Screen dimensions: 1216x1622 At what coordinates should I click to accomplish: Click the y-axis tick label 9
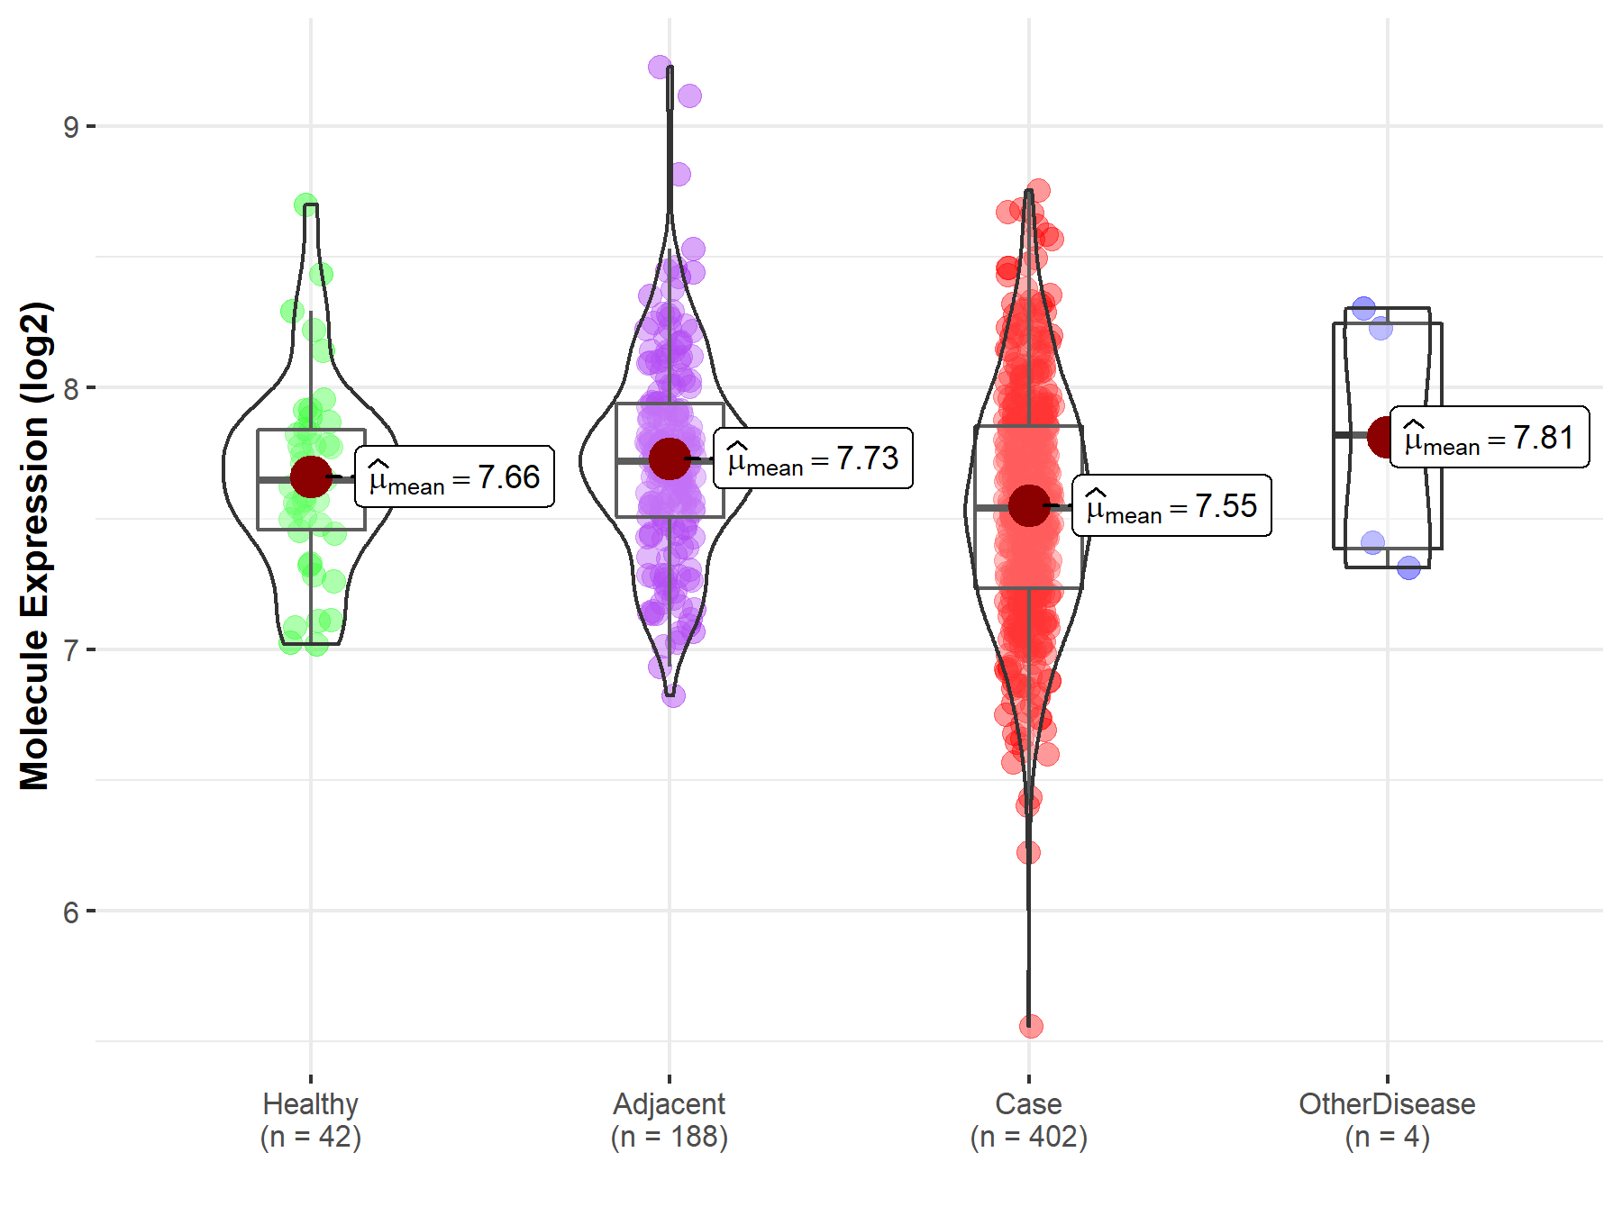[70, 127]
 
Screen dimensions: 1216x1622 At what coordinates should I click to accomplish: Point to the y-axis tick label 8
[70, 389]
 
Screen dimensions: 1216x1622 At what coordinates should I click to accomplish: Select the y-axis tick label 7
[70, 650]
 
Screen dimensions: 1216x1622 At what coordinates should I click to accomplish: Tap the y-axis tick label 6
[70, 912]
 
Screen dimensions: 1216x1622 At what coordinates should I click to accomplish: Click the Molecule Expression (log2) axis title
[34, 546]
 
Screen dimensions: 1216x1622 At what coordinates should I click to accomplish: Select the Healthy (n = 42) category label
[311, 1121]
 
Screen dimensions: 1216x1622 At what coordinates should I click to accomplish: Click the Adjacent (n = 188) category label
[670, 1121]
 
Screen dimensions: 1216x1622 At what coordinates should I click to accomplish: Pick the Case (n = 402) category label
[1029, 1121]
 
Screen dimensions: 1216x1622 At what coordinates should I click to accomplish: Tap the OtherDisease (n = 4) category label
[1387, 1121]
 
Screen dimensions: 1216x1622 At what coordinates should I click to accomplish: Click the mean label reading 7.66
[454, 476]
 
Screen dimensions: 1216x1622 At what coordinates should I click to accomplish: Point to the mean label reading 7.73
[813, 458]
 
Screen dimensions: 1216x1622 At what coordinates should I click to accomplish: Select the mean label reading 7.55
[1171, 505]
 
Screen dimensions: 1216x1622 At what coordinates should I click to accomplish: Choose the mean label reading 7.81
[1490, 437]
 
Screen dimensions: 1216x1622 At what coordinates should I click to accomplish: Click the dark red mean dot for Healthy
[311, 476]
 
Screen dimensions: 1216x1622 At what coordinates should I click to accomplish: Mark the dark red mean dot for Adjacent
[670, 458]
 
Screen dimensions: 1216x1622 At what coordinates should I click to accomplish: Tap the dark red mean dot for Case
[1028, 505]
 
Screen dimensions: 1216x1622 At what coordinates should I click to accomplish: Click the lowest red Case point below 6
[1031, 1026]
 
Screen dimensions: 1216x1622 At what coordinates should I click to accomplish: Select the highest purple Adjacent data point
[660, 67]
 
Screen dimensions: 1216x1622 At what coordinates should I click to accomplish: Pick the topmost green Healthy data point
[305, 204]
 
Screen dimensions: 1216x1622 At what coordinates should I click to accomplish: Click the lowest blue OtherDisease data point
[1409, 567]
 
